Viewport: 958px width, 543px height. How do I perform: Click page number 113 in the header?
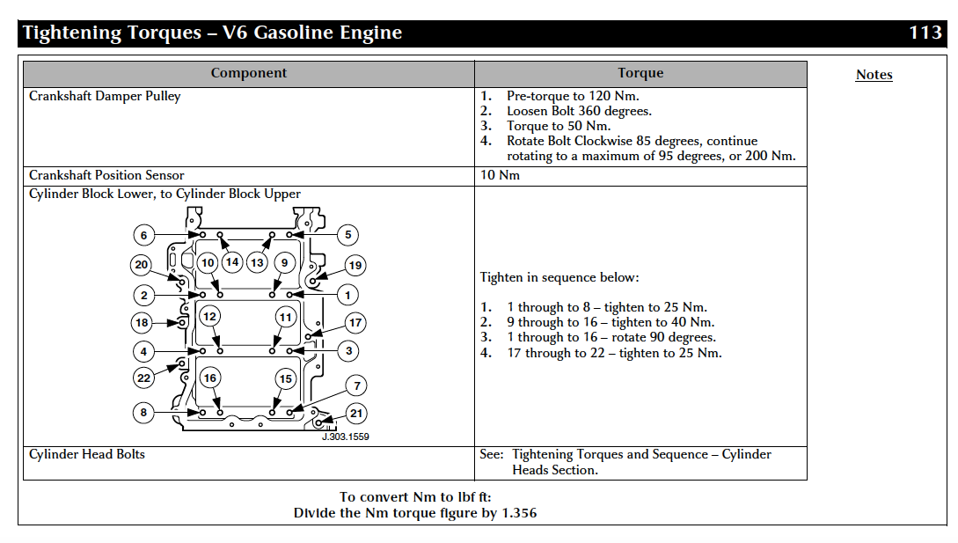coord(925,32)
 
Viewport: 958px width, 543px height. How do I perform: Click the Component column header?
coord(249,73)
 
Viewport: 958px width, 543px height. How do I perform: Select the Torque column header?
coord(640,73)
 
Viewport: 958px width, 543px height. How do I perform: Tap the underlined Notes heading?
coord(874,75)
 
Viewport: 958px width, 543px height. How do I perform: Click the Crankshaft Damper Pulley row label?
coord(105,97)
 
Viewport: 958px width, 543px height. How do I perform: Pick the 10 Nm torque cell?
coord(500,175)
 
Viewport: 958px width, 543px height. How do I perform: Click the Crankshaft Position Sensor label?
coord(106,175)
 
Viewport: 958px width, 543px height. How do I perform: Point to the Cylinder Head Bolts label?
coord(87,454)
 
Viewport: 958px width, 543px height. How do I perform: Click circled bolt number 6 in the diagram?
coord(143,235)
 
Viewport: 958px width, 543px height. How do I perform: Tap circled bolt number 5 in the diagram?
coord(347,235)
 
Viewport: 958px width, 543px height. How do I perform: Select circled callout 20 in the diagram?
coord(141,265)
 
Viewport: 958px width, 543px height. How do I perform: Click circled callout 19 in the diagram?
coord(355,266)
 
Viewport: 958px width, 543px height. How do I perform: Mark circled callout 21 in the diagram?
coord(356,414)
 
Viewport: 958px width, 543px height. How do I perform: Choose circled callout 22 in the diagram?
coord(143,378)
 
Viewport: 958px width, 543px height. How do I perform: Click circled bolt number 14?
coord(232,262)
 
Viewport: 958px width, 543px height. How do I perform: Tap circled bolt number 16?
coord(210,378)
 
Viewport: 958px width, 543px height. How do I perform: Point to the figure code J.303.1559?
coord(345,437)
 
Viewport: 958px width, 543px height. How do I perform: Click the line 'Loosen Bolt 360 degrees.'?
coord(579,111)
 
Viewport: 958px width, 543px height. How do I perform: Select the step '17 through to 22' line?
coord(614,353)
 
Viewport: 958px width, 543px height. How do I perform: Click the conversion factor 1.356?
coord(519,513)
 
